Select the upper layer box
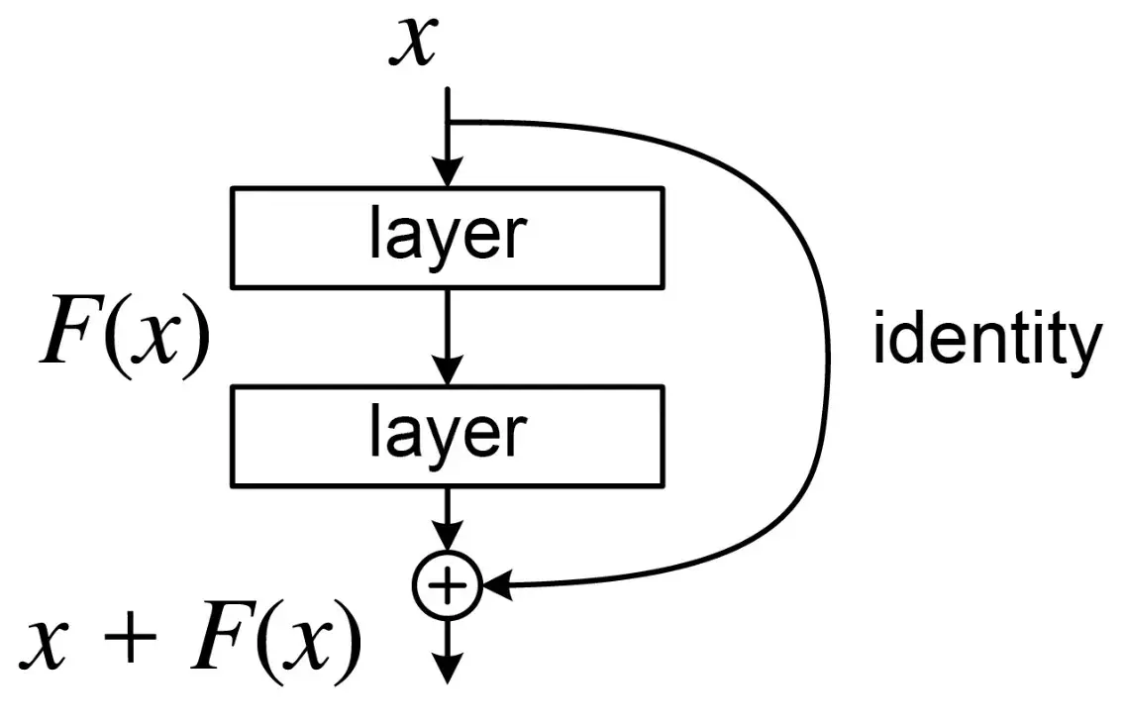click(x=448, y=237)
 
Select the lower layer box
click(x=448, y=437)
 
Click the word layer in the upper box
click(x=448, y=235)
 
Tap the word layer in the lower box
click(x=448, y=434)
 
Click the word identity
click(x=986, y=339)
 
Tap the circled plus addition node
click(x=448, y=586)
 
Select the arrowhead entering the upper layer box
click(x=448, y=174)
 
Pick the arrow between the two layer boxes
click(x=448, y=337)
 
